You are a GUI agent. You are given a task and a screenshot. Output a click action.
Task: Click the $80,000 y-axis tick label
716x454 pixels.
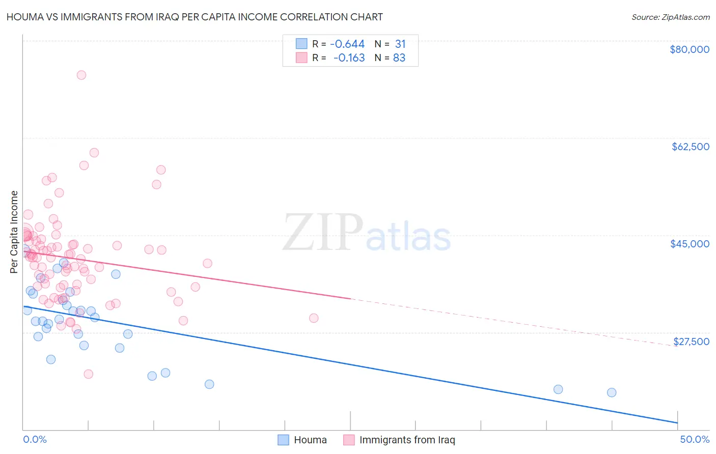tap(689, 49)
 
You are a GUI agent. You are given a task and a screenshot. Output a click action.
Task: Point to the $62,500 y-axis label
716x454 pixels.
tap(690, 147)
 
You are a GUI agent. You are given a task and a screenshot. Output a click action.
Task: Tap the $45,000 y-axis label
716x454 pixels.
tap(690, 244)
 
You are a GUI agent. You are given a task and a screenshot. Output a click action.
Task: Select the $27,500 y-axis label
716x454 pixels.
tap(691, 342)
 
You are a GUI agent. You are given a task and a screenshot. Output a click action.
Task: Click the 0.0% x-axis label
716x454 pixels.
tap(35, 439)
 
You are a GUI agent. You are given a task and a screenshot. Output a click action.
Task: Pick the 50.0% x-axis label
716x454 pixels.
tap(695, 439)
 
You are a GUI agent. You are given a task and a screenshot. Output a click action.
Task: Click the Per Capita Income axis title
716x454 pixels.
tap(14, 232)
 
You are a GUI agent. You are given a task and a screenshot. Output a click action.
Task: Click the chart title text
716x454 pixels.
tap(195, 17)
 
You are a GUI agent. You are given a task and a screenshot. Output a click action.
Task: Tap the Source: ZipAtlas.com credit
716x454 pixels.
tap(670, 17)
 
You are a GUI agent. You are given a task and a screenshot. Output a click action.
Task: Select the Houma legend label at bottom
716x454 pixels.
tap(310, 440)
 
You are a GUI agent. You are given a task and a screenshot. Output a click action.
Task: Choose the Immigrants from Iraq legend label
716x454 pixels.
tap(407, 440)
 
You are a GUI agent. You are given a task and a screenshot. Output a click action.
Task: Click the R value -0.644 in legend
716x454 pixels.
tap(347, 44)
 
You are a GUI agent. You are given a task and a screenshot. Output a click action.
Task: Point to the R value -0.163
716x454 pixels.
tap(349, 58)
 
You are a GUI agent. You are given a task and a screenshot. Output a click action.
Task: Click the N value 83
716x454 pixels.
tap(399, 58)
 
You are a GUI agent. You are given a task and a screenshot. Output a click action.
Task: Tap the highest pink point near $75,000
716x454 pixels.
tap(81, 75)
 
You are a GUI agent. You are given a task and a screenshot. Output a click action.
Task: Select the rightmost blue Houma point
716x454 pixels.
tap(612, 392)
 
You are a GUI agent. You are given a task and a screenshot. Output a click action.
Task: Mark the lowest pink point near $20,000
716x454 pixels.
tap(88, 374)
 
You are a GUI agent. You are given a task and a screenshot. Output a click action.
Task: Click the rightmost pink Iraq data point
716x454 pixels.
tap(314, 318)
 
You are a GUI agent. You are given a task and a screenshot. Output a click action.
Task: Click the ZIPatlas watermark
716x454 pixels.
tap(367, 233)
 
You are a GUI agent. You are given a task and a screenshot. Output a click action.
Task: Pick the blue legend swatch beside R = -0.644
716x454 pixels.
tap(301, 44)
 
